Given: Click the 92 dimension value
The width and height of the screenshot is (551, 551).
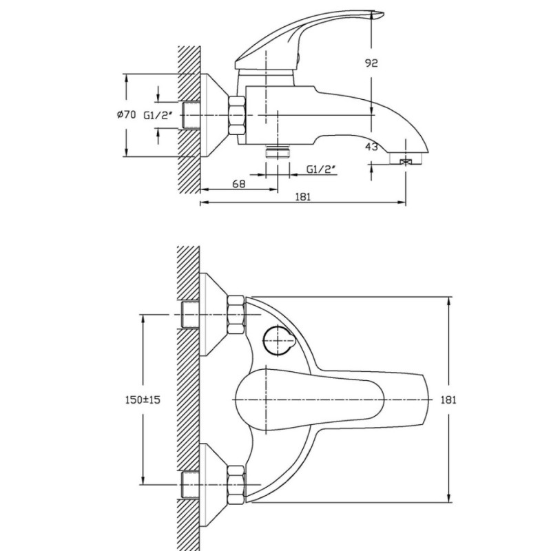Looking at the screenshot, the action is click(x=371, y=63).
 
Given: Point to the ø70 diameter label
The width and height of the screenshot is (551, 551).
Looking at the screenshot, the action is click(x=127, y=114).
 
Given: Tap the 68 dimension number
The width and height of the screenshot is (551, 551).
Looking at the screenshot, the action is click(x=239, y=184).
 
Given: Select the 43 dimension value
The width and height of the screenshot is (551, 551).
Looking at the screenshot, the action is click(x=371, y=147).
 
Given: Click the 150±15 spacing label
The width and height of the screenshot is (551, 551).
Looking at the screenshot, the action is click(x=143, y=399).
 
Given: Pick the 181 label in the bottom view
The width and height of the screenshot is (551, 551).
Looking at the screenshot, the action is click(x=448, y=399).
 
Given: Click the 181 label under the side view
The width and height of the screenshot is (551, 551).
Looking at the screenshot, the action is click(x=303, y=196).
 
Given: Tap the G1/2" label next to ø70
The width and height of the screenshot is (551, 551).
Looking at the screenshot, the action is click(x=158, y=115).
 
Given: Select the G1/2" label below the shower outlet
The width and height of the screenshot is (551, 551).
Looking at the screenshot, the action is click(x=322, y=169).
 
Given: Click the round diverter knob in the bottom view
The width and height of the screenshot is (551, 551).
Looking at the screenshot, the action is click(x=278, y=340).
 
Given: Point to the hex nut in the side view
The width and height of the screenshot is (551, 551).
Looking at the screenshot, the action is click(x=237, y=115).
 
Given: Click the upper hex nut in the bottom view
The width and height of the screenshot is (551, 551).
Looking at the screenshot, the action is click(x=236, y=315).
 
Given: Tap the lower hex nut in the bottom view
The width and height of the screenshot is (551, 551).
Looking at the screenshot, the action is click(x=236, y=485).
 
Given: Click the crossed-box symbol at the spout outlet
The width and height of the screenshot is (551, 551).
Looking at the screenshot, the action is click(x=406, y=162).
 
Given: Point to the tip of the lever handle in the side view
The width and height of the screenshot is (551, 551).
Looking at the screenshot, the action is click(x=384, y=14).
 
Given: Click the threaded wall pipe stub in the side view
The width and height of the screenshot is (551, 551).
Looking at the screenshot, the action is click(x=191, y=115).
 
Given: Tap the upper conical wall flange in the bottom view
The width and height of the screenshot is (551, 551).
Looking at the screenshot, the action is click(x=214, y=315).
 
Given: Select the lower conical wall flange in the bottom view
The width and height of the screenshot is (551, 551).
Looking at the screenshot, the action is click(x=214, y=485).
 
